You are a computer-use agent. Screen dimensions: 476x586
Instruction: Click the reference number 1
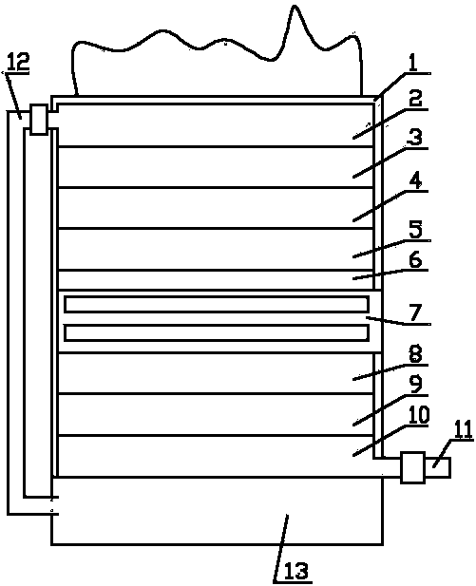(x=412, y=64)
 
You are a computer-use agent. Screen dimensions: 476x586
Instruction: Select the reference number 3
(x=414, y=138)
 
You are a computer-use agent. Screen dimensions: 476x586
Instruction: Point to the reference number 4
(x=415, y=181)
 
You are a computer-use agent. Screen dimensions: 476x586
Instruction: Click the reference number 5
(x=415, y=230)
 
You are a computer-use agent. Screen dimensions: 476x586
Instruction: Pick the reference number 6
(x=415, y=259)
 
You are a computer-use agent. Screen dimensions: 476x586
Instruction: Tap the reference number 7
(x=416, y=312)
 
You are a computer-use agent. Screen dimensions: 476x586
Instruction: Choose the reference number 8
(x=415, y=354)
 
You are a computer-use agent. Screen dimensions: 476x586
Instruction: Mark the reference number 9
(x=415, y=385)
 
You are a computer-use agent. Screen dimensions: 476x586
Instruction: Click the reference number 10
(x=418, y=415)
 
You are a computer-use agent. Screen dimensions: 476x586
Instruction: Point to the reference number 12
(x=17, y=62)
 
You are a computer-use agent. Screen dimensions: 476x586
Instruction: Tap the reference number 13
(x=296, y=571)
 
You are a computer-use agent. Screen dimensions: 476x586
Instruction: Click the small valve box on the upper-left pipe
(x=39, y=120)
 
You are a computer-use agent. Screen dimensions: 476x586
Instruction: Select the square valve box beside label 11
(x=412, y=467)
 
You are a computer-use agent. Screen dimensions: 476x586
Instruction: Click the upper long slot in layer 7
(x=217, y=304)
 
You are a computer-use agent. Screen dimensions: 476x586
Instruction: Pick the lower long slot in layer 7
(x=217, y=333)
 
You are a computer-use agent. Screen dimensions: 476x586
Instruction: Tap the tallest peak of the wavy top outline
(x=295, y=6)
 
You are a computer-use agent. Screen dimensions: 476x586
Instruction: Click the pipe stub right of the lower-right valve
(x=437, y=467)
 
